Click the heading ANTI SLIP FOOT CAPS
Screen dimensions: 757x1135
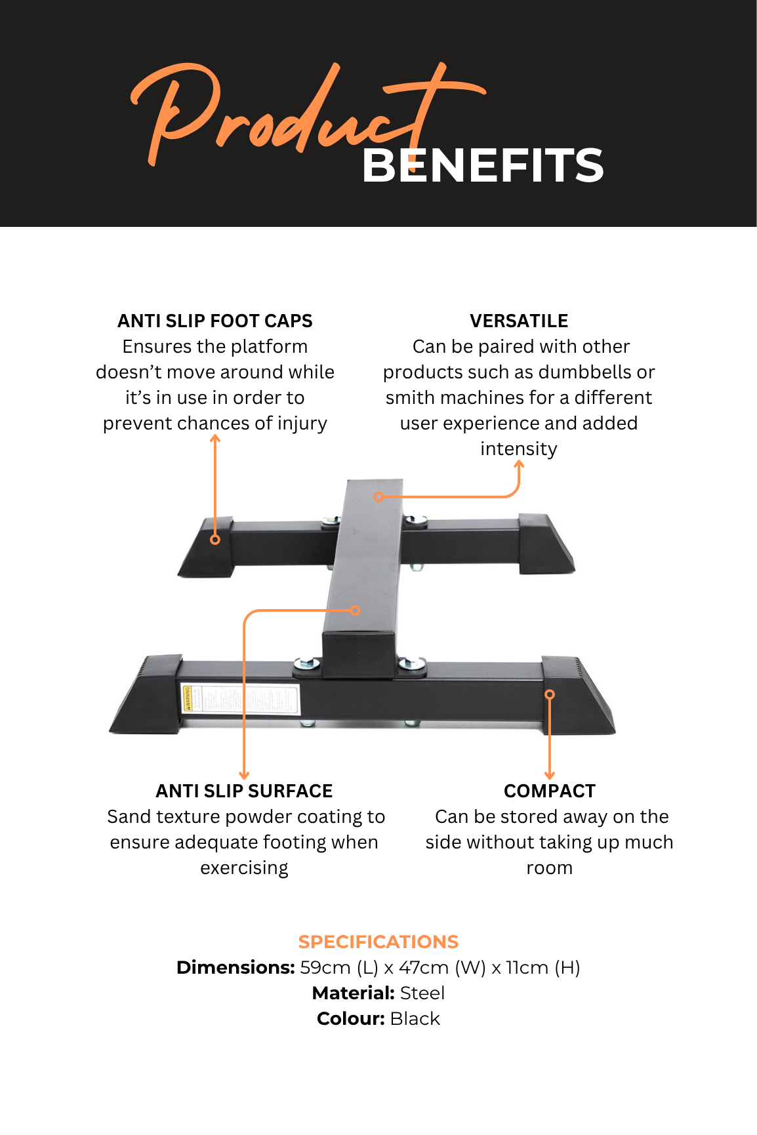click(x=215, y=321)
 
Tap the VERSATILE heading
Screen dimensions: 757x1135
click(x=519, y=321)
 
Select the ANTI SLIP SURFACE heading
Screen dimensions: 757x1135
click(x=244, y=791)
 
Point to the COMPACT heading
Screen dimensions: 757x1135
click(x=550, y=791)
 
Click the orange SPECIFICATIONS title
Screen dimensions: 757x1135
click(x=378, y=942)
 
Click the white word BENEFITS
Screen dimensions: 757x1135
click(x=483, y=165)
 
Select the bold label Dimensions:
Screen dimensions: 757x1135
click(x=235, y=967)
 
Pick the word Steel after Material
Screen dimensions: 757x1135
click(x=422, y=993)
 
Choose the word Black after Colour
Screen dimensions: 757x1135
click(x=415, y=1018)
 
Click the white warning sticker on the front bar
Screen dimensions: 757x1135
click(x=240, y=698)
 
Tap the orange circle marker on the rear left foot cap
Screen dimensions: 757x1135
click(x=215, y=540)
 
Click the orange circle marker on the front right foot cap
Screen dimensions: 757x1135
click(x=550, y=694)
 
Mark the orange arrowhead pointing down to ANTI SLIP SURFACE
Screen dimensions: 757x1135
click(x=244, y=776)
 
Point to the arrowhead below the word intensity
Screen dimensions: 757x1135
click(x=519, y=464)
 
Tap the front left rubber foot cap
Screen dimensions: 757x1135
click(x=146, y=694)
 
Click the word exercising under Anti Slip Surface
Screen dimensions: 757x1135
click(x=244, y=868)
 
